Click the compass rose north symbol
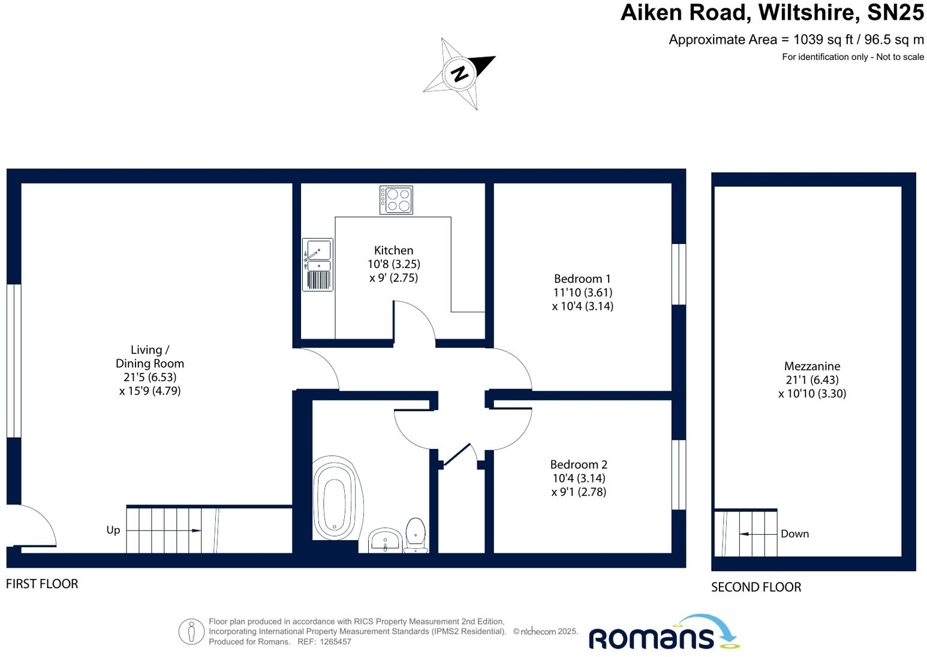(x=459, y=74)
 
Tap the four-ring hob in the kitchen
(x=396, y=200)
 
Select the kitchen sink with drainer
(x=318, y=264)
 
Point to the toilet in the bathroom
(x=416, y=534)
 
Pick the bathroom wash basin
(x=384, y=540)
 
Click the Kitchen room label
(x=393, y=251)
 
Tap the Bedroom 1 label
(x=582, y=279)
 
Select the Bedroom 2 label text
(x=579, y=465)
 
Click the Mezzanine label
(x=812, y=366)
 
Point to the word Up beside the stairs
(x=113, y=530)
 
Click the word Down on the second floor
(x=794, y=534)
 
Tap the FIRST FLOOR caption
(x=42, y=584)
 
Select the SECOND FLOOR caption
(x=756, y=587)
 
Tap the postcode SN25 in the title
(x=895, y=13)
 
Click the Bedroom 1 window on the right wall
(x=678, y=274)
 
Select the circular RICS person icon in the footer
(x=191, y=631)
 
